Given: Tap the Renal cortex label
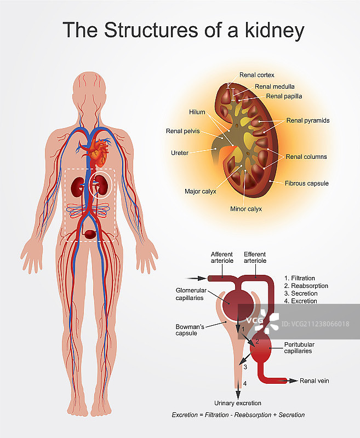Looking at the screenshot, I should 256,75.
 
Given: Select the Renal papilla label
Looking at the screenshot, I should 284,96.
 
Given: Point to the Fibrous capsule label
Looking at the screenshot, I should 306,183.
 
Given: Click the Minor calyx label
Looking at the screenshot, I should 246,209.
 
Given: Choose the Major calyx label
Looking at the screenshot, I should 201,192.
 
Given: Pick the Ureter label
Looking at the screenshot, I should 180,153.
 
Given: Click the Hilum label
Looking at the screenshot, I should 197,112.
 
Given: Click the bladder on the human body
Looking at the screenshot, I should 92,234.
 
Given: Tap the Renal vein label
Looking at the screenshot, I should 315,381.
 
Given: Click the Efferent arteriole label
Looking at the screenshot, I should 254,258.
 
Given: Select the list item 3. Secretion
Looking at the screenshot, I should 301,293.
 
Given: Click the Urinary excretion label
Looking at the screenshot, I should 237,404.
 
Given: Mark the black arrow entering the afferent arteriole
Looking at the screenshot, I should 195,278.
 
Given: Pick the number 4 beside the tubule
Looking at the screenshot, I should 244,384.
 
